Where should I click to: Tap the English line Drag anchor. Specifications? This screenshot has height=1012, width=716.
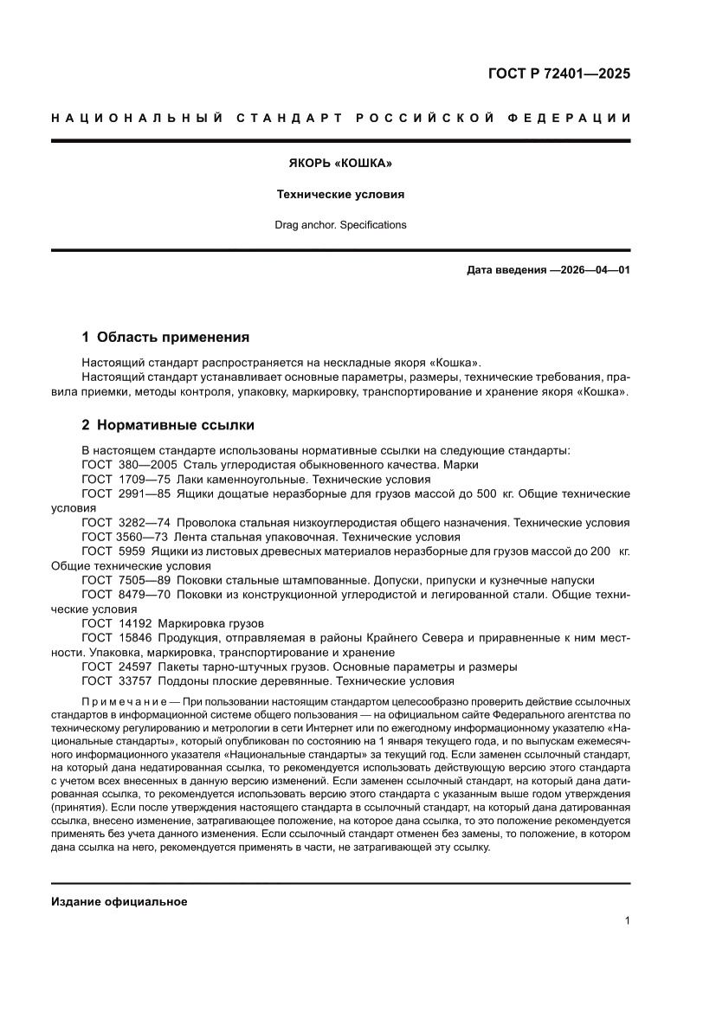click(x=340, y=225)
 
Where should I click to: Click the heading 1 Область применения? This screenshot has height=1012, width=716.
click(x=165, y=337)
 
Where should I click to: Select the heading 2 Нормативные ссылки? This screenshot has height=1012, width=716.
click(x=167, y=425)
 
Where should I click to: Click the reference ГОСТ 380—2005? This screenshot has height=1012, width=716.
click(x=130, y=464)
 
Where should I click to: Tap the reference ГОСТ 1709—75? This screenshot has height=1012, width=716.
click(x=126, y=479)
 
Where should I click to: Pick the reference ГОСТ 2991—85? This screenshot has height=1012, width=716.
click(x=126, y=493)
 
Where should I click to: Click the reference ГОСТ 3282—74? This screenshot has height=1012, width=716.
click(x=126, y=522)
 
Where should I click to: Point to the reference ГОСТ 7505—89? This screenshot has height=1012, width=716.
click(x=126, y=579)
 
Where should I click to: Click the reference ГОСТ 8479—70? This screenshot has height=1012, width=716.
click(x=126, y=594)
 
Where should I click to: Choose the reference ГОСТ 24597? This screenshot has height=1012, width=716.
click(x=121, y=667)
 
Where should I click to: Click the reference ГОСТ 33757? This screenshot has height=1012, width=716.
click(x=121, y=680)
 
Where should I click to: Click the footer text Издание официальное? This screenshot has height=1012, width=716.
click(x=119, y=901)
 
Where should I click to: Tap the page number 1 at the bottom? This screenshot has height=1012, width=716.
click(x=626, y=921)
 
